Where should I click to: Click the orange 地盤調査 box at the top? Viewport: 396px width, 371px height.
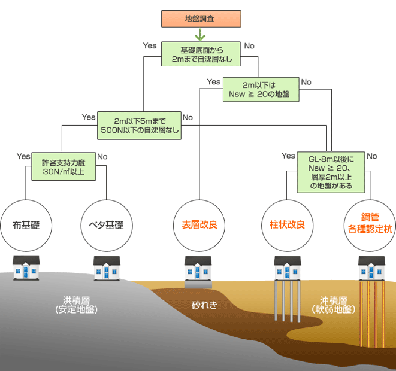(x=201, y=18)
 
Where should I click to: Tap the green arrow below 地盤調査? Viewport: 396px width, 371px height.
(x=200, y=35)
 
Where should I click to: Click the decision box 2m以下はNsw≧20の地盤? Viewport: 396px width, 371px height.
(x=260, y=89)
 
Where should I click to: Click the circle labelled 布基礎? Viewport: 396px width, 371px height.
(x=26, y=226)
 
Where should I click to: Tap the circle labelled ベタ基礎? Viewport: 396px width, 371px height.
(x=106, y=226)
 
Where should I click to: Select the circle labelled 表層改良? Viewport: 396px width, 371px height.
(x=198, y=226)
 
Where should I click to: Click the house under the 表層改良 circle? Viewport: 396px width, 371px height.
(x=198, y=267)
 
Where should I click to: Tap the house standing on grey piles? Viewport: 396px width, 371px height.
(x=287, y=267)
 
